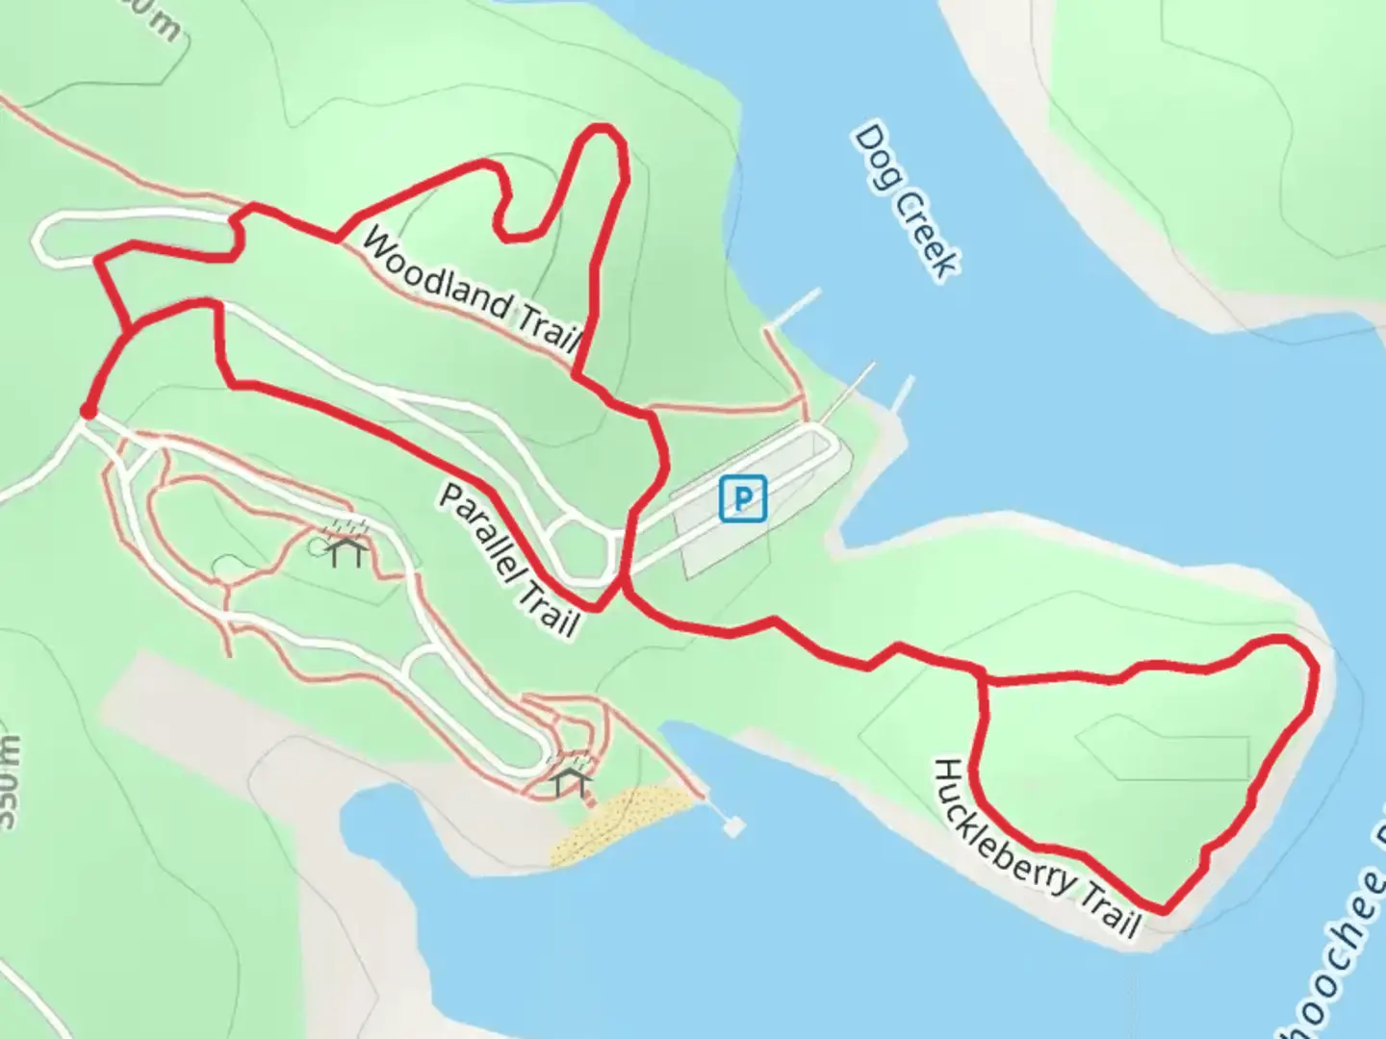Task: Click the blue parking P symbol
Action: coord(742,498)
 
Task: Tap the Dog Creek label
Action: coord(906,202)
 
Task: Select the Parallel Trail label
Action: coord(509,561)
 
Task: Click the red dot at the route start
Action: coord(88,412)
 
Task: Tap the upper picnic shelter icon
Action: coord(346,550)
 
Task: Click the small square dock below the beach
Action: coord(733,825)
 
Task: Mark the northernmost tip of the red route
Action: coord(603,128)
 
